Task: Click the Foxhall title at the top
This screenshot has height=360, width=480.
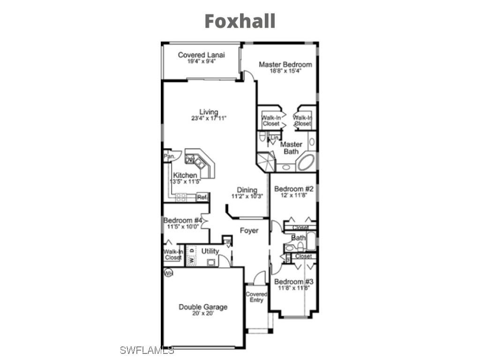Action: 240,21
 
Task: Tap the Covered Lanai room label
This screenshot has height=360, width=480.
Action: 201,55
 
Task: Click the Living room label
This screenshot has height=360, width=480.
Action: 209,112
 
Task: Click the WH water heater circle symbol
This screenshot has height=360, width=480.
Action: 167,272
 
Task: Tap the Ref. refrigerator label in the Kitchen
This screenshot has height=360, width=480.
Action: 202,197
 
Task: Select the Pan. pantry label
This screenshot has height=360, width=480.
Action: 169,156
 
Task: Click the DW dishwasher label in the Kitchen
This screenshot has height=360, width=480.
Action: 190,160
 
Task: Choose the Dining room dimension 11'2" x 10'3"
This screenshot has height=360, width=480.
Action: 247,196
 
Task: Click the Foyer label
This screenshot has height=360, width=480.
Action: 249,231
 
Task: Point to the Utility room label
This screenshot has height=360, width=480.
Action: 210,251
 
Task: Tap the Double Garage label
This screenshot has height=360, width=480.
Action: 203,307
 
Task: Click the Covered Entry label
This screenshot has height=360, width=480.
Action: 256,297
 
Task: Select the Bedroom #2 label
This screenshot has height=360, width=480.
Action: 293,188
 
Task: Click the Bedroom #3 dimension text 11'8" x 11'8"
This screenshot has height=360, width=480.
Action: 293,288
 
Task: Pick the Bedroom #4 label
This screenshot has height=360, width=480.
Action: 183,220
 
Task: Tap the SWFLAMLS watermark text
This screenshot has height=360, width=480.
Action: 147,350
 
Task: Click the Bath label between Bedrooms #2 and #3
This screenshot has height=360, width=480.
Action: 298,238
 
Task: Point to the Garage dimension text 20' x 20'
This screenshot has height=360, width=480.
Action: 203,314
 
